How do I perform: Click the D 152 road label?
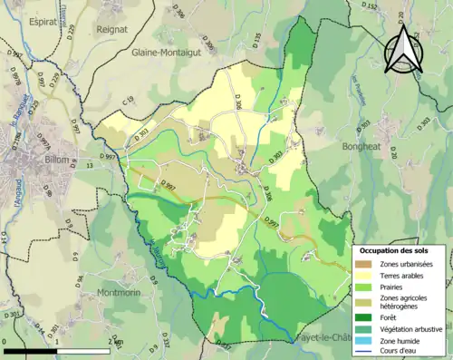[x=370, y=8]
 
